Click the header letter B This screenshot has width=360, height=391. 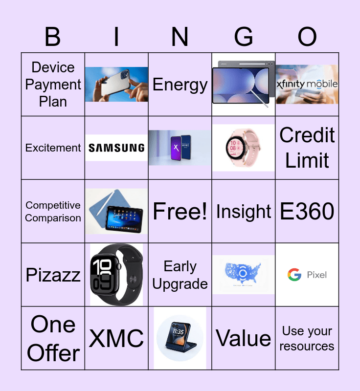[53, 37]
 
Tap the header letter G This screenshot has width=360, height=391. [244, 37]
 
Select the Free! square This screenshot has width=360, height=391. [180, 211]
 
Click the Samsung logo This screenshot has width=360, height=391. [116, 148]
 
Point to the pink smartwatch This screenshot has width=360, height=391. [243, 148]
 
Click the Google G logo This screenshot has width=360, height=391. [294, 275]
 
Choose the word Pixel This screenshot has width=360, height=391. [317, 275]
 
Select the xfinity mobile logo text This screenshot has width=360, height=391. [307, 84]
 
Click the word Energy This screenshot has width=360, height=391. [180, 85]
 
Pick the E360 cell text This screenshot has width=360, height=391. [307, 211]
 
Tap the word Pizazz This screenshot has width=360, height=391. [53, 275]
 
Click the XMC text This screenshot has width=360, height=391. [116, 338]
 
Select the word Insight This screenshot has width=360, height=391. [244, 212]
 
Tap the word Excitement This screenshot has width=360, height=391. [53, 148]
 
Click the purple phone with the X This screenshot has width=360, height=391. [177, 148]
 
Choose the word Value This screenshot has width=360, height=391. [243, 338]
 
